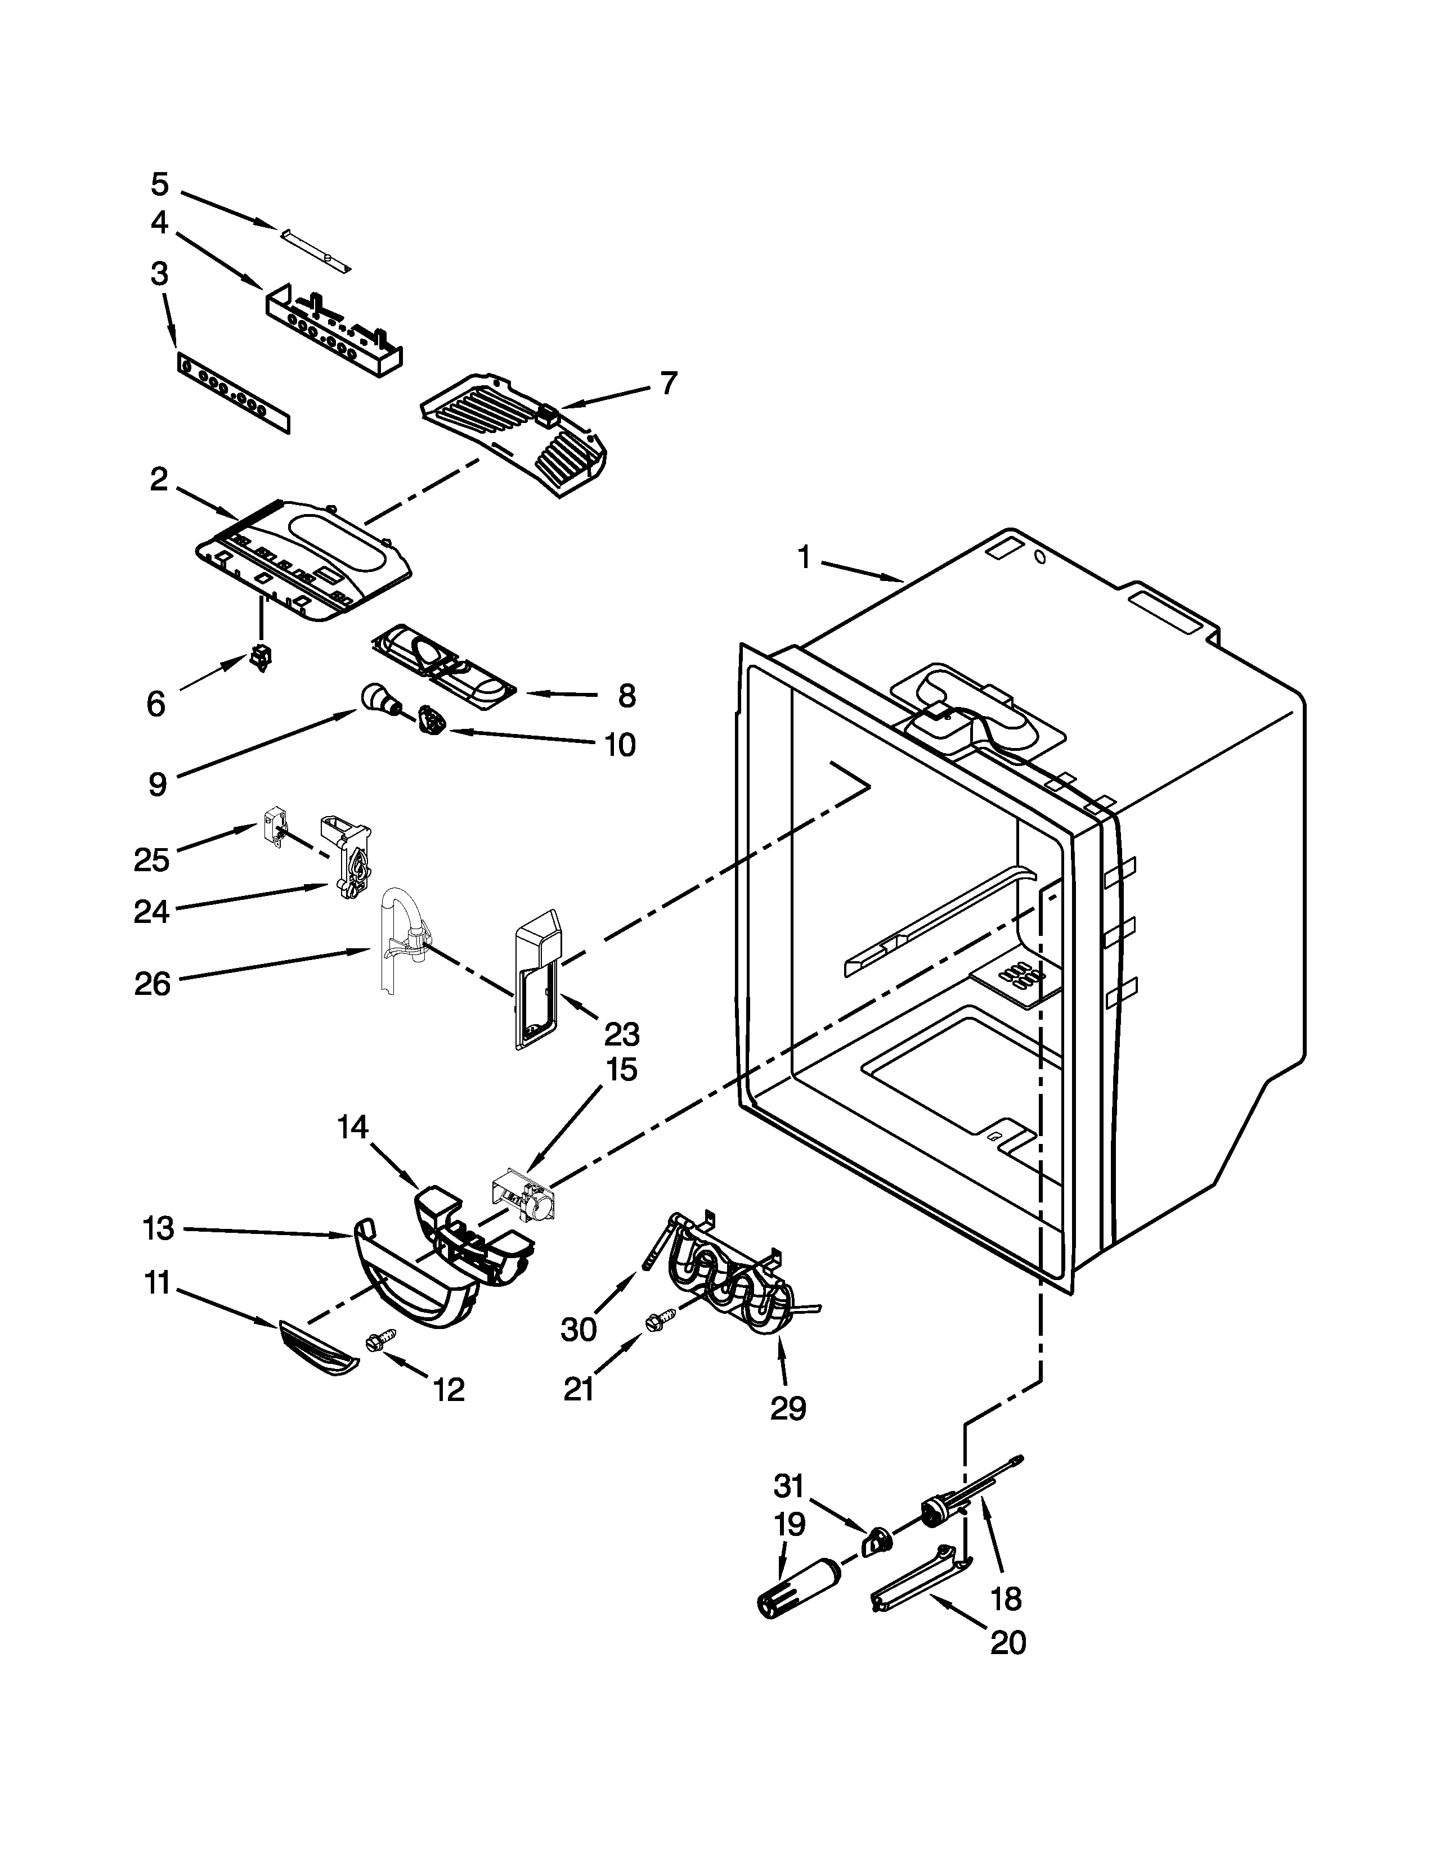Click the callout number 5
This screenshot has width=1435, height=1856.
pyautogui.click(x=160, y=184)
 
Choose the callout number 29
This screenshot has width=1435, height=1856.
pyautogui.click(x=787, y=1408)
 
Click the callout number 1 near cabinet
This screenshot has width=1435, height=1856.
pyautogui.click(x=804, y=558)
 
